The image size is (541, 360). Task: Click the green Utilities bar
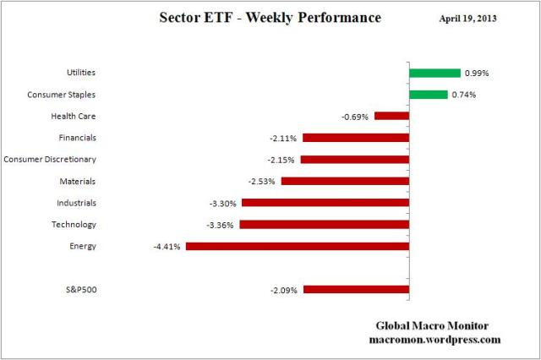[434, 73]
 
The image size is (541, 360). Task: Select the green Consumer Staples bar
[429, 95]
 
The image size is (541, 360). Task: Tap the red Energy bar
[298, 246]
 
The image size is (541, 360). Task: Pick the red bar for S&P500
[356, 289]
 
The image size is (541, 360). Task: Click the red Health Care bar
[391, 116]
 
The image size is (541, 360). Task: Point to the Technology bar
[325, 225]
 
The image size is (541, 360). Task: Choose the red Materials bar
[345, 181]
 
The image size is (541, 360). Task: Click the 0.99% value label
[478, 74]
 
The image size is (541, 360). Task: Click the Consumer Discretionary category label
[50, 159]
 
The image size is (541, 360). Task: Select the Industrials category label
[77, 203]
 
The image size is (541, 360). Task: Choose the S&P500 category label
[81, 290]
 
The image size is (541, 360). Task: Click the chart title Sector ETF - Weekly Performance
[270, 18]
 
